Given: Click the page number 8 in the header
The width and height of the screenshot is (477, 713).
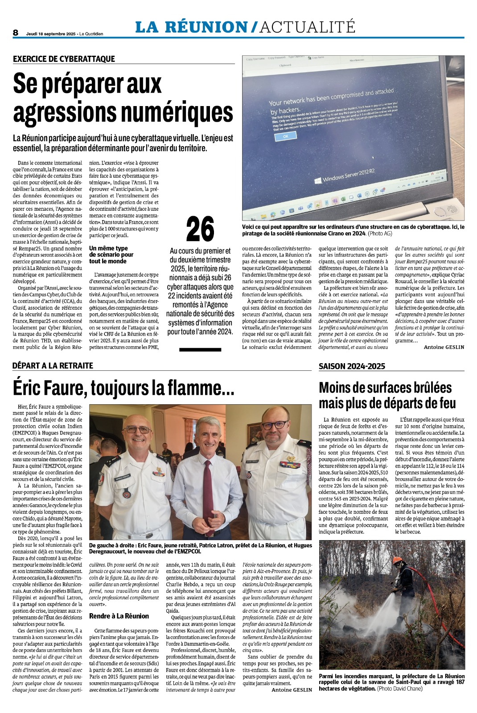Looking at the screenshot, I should (16, 33).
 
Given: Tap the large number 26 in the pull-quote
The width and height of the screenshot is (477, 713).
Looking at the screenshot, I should (200, 229).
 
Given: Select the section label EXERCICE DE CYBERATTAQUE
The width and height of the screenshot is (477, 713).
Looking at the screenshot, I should (64, 59).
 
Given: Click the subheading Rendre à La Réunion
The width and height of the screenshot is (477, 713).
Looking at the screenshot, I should (119, 616).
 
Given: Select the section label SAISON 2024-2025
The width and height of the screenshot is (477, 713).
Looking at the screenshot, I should (352, 366).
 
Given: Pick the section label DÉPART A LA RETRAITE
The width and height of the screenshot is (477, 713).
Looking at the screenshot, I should (53, 366).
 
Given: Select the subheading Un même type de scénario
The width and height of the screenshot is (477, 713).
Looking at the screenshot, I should (111, 254).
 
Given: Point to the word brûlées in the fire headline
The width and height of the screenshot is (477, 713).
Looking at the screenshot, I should (417, 388).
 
